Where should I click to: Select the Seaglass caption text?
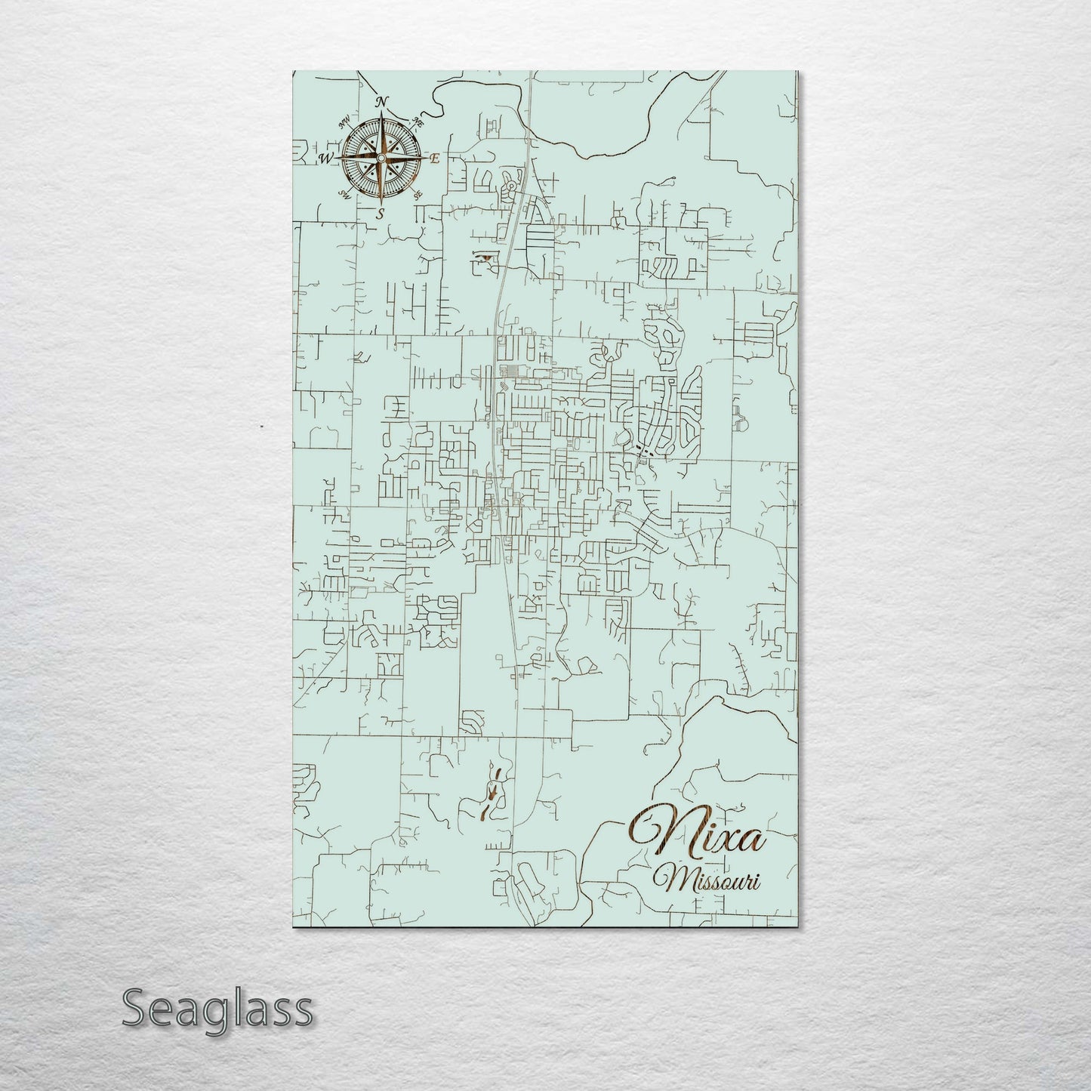(x=217, y=1008)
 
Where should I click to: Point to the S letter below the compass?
(x=381, y=214)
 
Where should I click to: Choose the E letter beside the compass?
(x=435, y=159)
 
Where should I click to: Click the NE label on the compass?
(x=419, y=121)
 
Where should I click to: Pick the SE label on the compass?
(x=418, y=195)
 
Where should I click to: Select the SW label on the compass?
(x=345, y=196)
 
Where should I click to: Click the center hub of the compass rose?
(x=381, y=158)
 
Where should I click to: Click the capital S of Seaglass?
(x=136, y=1008)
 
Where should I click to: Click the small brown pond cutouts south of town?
(x=492, y=793)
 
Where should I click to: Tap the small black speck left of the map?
(x=261, y=427)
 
